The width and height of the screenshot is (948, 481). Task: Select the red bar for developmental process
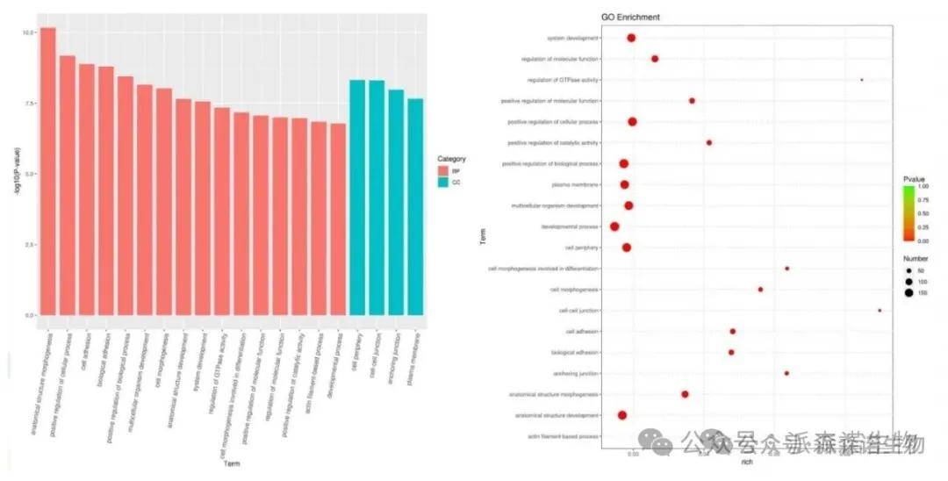338,219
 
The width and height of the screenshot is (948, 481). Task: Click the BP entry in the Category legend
445,170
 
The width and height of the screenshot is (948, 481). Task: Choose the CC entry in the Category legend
445,182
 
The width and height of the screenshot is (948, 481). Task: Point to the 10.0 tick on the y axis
28,32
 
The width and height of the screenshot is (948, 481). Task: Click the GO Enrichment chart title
630,17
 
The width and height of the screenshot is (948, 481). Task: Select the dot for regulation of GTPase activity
862,80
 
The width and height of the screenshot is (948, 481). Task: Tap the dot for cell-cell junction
880,310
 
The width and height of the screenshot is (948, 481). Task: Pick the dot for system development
631,38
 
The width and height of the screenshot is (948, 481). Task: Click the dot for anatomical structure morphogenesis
685,394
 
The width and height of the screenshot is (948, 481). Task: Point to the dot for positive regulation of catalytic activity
709,142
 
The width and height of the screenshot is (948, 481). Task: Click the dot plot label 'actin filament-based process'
564,436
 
